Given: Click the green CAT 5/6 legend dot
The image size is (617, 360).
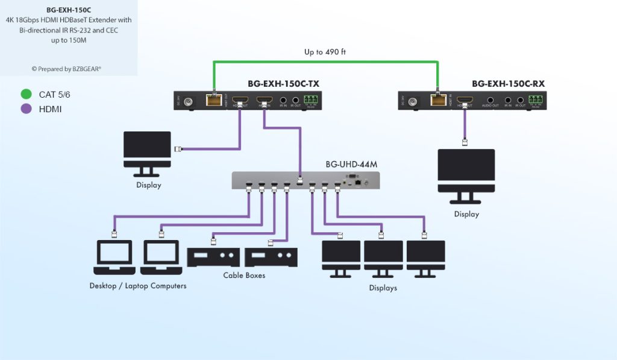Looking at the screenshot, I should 25,94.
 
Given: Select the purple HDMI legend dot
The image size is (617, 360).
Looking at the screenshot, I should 25,109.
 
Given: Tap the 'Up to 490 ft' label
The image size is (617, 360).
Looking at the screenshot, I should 325,52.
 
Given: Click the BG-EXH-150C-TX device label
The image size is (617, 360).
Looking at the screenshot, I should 283,84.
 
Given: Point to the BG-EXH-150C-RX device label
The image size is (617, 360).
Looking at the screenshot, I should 508,84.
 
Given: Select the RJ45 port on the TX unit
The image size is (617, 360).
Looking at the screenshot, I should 213,101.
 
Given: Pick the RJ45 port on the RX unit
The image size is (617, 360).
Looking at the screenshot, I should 437,101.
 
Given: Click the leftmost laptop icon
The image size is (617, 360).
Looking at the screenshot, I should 114,257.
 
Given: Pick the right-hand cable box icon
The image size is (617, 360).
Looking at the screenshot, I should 271,257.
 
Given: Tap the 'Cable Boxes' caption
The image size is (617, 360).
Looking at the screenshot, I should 244,276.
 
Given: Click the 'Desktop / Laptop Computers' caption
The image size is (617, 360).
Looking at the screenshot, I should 138,286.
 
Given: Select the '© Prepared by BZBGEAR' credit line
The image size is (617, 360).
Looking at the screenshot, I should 66,69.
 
